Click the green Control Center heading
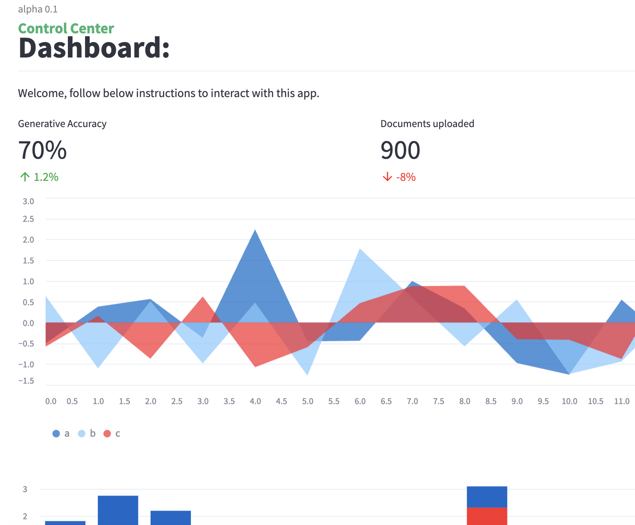(x=66, y=28)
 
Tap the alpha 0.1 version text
(x=37, y=9)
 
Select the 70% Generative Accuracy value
(x=42, y=150)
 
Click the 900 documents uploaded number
(x=400, y=150)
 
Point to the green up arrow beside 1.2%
(x=25, y=177)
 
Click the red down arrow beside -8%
(x=387, y=177)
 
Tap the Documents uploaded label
(x=427, y=124)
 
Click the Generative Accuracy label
(x=62, y=124)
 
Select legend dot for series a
(x=56, y=434)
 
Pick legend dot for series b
(x=82, y=434)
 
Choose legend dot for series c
(x=107, y=434)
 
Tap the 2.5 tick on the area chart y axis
(x=28, y=219)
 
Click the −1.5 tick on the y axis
(x=26, y=381)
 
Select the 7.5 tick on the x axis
(x=438, y=401)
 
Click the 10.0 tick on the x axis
(x=569, y=401)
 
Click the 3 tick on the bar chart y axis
(x=25, y=489)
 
